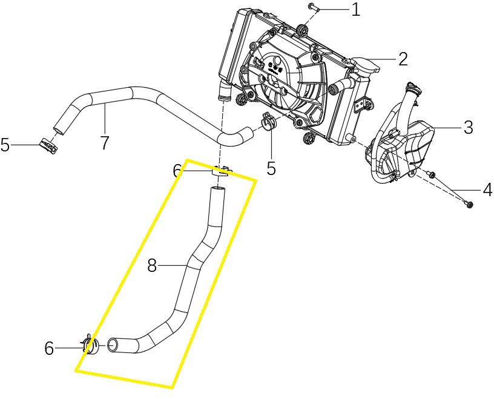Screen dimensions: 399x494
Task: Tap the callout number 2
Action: tap(402, 59)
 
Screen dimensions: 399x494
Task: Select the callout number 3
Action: tap(468, 127)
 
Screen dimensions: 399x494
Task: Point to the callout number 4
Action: tap(487, 190)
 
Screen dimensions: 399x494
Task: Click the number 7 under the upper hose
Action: tap(104, 143)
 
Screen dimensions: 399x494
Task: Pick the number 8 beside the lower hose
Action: tap(152, 265)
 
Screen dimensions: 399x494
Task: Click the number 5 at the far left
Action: tap(5, 145)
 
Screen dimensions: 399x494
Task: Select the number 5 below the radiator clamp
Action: tap(271, 168)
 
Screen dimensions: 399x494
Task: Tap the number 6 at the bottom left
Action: tap(50, 348)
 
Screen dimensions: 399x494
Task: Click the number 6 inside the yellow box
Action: tap(177, 172)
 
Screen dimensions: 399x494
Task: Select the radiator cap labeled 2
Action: tap(365, 64)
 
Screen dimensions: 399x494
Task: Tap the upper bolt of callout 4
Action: tap(432, 175)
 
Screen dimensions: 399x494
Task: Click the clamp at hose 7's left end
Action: tap(47, 145)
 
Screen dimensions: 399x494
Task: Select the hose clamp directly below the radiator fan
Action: tap(268, 123)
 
